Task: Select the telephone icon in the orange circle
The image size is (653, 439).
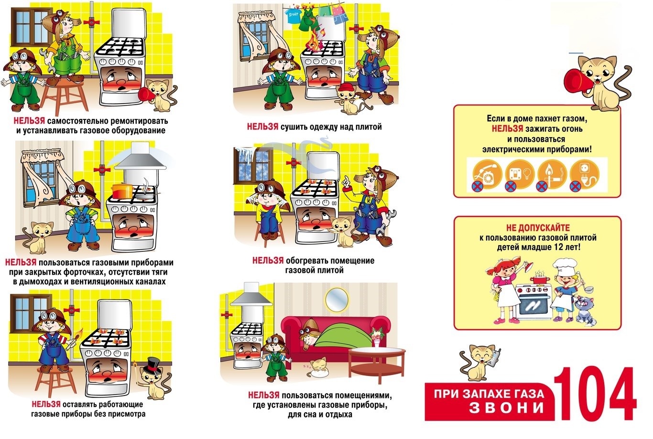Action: click(x=487, y=174)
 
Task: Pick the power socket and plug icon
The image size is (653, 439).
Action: click(x=585, y=174)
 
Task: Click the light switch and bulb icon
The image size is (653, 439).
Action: click(x=520, y=174)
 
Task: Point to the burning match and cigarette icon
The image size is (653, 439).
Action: click(x=552, y=174)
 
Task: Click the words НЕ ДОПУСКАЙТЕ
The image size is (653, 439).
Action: click(x=538, y=228)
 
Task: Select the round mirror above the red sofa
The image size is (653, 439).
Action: click(x=337, y=299)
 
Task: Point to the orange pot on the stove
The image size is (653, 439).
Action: click(x=123, y=191)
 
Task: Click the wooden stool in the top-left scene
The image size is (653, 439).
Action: click(x=64, y=96)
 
